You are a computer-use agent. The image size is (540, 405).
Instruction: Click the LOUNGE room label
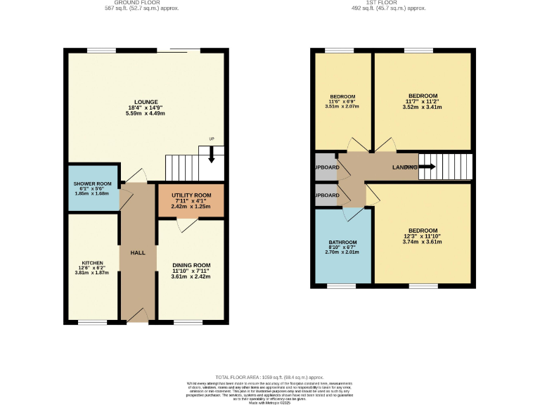click(147, 101)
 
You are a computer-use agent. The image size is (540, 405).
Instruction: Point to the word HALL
click(137, 252)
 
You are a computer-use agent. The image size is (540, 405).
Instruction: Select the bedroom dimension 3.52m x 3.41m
click(423, 108)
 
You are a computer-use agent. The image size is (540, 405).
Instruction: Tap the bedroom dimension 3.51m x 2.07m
click(342, 108)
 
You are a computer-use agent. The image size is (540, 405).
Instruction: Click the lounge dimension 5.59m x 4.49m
click(147, 113)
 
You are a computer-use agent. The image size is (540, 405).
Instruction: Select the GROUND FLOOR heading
click(146, 3)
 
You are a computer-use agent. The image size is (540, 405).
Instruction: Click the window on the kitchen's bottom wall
click(92, 323)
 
